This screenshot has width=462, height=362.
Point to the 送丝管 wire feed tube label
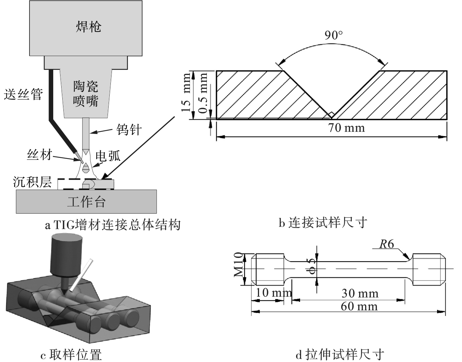point(23,94)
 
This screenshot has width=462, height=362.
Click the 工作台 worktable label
point(86,202)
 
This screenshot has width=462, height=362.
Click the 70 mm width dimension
point(346,128)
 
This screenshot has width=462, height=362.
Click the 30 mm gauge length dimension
point(360,294)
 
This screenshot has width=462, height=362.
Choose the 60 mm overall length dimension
point(359,307)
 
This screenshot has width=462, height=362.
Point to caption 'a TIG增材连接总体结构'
point(112,225)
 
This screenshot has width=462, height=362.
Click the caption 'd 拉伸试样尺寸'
point(340,354)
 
